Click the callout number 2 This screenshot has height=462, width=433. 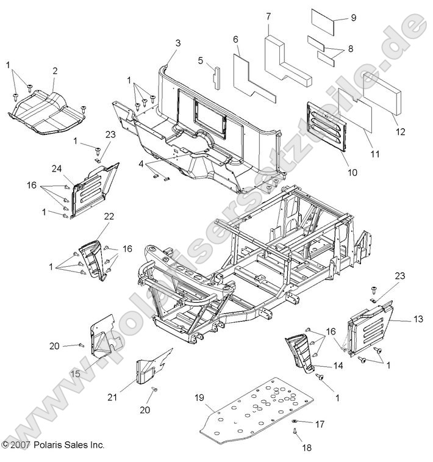point(54,71)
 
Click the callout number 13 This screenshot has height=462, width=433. point(418,319)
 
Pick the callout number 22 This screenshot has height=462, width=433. point(109,217)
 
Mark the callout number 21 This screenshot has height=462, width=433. point(129,397)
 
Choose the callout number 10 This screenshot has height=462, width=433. point(352,172)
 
